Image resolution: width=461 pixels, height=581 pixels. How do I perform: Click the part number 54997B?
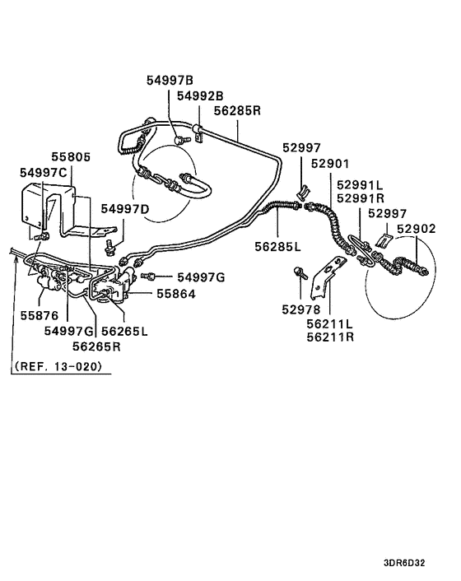point(170,80)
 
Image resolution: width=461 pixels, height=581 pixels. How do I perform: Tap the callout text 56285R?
point(237,110)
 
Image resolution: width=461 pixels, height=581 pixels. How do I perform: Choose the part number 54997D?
point(126,210)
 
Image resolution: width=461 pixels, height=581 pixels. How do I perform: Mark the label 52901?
point(332,163)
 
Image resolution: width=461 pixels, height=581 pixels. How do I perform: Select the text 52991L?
point(361,185)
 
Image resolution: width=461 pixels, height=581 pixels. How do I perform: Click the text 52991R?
point(361,198)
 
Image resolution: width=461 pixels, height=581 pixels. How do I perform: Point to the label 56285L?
point(277,245)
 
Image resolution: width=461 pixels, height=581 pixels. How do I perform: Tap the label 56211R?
point(331,337)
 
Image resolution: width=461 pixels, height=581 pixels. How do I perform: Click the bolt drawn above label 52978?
point(300,272)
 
